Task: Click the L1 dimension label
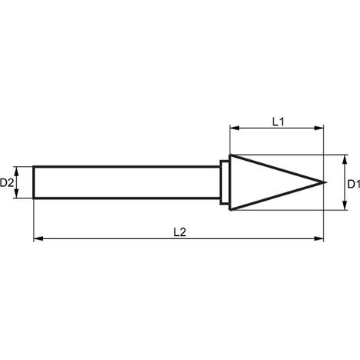278,122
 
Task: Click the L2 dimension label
180,232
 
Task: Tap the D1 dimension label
354,184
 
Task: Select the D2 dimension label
7,182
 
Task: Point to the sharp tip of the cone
326,182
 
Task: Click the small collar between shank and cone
224,182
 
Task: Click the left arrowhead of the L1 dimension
234,128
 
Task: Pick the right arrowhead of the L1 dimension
319,128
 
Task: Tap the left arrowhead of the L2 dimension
38,239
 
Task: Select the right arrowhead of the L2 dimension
319,239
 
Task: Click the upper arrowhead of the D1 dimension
345,159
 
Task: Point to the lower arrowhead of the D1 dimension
345,205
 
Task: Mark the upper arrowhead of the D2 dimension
17,171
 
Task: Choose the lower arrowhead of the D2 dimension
17,193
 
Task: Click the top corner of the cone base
231,155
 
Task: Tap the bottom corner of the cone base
231,210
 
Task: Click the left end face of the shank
34,182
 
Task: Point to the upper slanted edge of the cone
278,169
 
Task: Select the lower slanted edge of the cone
278,196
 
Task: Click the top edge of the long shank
126,167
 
